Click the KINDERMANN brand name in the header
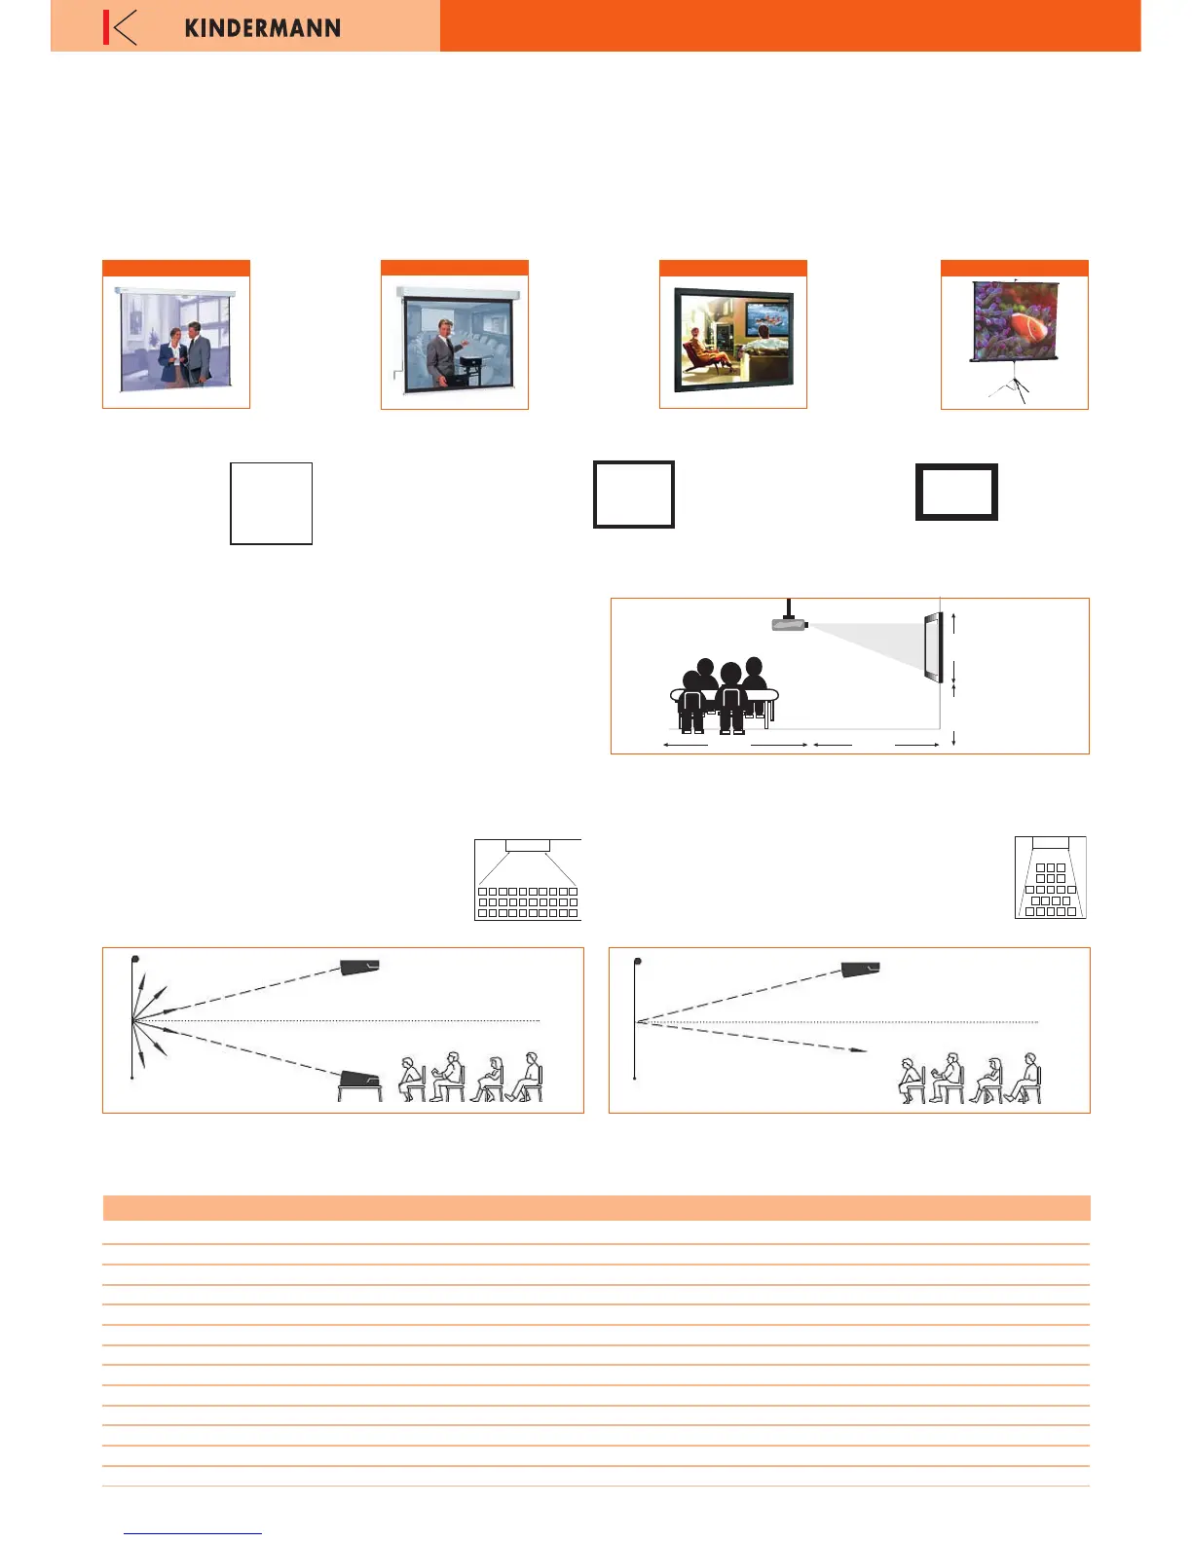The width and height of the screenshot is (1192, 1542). pyautogui.click(x=262, y=27)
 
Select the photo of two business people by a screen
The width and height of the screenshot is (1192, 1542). pyautogui.click(x=176, y=340)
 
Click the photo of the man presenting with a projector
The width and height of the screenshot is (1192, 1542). pyautogui.click(x=455, y=340)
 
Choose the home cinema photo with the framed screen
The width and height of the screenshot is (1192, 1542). pyautogui.click(x=733, y=340)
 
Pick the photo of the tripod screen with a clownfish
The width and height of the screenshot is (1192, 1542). pyautogui.click(x=1014, y=321)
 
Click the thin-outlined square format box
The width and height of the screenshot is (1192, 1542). pyautogui.click(x=271, y=503)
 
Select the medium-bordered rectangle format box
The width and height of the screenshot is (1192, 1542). pyautogui.click(x=634, y=495)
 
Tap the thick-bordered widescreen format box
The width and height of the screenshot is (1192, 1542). pyautogui.click(x=956, y=492)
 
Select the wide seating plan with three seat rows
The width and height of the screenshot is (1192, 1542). pyautogui.click(x=528, y=880)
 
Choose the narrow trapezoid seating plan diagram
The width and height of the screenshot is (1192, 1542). pyautogui.click(x=1050, y=878)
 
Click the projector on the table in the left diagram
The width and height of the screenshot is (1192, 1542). pyautogui.click(x=359, y=1082)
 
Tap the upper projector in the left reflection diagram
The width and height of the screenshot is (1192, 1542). pyautogui.click(x=359, y=967)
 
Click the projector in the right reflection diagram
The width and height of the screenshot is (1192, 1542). pyautogui.click(x=861, y=969)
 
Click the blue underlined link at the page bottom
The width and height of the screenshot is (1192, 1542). pyautogui.click(x=193, y=1533)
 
